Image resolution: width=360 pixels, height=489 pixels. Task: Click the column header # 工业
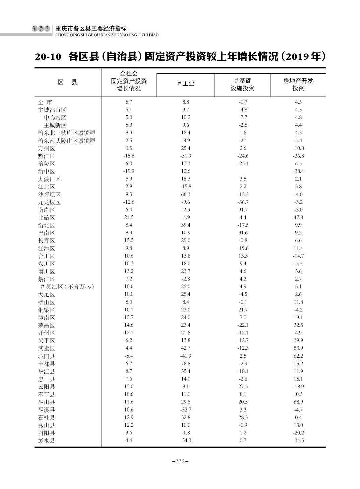coord(186,84)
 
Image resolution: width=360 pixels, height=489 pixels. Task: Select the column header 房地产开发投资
coord(298,85)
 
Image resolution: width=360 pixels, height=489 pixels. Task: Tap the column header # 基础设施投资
coord(243,85)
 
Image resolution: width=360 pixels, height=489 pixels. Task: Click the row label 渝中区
coord(46,172)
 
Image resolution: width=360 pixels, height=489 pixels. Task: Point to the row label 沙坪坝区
coord(49,195)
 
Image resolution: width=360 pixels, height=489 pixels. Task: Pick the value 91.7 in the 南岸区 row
coord(243,210)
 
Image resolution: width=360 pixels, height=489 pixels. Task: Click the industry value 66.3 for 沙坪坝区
coord(186,195)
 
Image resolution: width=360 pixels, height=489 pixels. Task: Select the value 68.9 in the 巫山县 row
coord(298,402)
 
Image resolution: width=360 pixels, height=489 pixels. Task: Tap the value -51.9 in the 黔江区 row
coord(186,156)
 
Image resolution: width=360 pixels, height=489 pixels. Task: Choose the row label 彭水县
coord(46,441)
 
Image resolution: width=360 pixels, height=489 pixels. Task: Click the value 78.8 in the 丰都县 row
coord(186,364)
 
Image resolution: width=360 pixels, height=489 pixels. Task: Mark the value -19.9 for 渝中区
coord(129,171)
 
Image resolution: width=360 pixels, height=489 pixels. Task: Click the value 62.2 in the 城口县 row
coord(298,356)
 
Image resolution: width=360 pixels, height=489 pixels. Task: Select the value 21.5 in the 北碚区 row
coord(129,218)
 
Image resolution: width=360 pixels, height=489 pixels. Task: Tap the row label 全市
coord(45,102)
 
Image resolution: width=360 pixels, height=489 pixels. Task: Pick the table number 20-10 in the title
coord(48,57)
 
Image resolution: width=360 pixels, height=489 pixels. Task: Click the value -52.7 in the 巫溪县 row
coord(186,410)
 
